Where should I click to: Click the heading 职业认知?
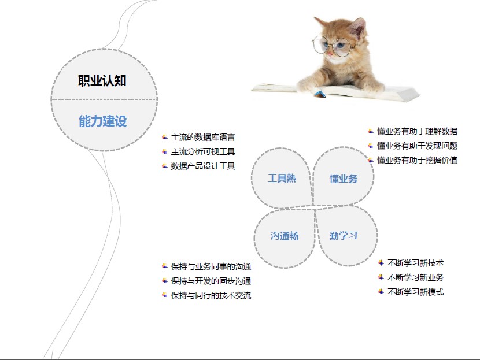[x=102, y=81]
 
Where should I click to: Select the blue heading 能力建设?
[x=102, y=121]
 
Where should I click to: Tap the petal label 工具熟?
[x=282, y=179]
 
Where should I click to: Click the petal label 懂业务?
[x=344, y=179]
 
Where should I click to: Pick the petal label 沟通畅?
[x=285, y=236]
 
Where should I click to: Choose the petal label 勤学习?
[x=343, y=236]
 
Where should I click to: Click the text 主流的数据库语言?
[x=202, y=138]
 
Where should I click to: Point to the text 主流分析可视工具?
[x=202, y=151]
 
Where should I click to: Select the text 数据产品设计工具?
[x=202, y=166]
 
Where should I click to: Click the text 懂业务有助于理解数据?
[x=417, y=132]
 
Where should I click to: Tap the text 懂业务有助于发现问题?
[x=417, y=146]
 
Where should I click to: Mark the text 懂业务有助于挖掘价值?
[x=417, y=160]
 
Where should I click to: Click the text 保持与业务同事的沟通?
[x=211, y=267]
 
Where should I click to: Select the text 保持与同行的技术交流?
[x=211, y=295]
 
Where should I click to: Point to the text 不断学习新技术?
[x=415, y=263]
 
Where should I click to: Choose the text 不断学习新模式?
[x=415, y=292]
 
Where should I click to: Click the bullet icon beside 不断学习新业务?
[x=381, y=277]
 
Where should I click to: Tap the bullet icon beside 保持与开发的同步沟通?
[x=165, y=280]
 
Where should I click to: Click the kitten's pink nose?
[x=330, y=54]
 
